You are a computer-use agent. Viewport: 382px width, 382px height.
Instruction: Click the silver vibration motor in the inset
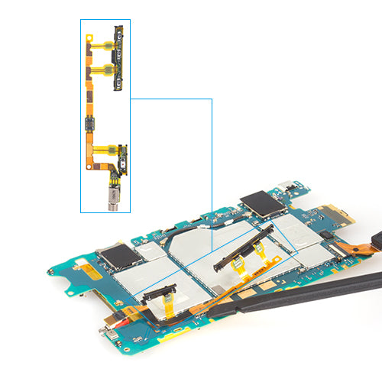[x=114, y=197]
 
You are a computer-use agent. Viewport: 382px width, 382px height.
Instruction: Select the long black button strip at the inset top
[x=118, y=57]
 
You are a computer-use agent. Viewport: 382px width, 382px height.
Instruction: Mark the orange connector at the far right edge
[x=377, y=245]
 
